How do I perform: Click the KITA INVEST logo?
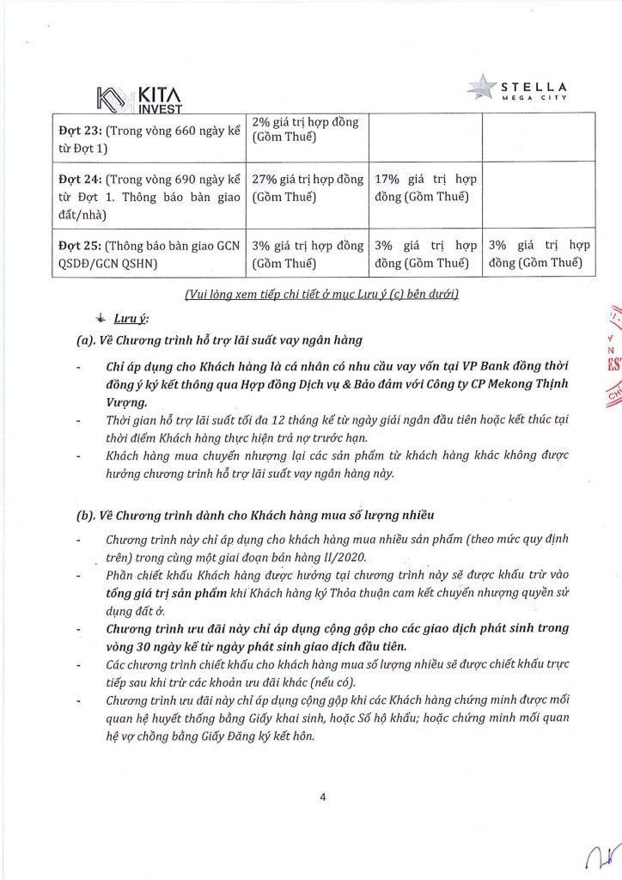click(137, 95)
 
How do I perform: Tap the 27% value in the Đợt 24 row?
click(265, 181)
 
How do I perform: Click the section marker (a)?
click(88, 339)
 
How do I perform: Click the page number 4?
click(322, 797)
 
